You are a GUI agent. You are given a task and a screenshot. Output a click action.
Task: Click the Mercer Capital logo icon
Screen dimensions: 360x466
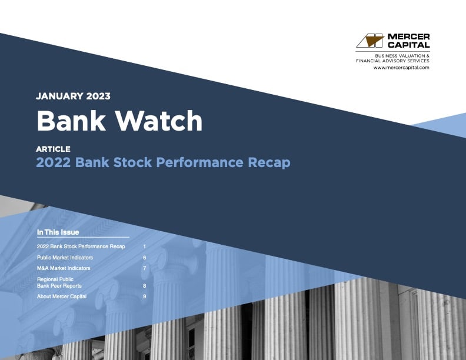370,41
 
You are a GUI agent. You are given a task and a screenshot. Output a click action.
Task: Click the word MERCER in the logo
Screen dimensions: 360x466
408,36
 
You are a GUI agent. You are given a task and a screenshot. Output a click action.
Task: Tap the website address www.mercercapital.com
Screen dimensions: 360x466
401,68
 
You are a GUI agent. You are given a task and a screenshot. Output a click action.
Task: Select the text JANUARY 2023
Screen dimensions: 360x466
73,96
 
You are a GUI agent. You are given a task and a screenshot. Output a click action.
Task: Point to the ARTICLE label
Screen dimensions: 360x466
53,149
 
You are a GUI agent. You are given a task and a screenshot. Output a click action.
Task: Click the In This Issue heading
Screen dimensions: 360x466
58,232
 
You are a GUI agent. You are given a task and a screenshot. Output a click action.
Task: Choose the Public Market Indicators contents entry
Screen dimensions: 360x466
65,258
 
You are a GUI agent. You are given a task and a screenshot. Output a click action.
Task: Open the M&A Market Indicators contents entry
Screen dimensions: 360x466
64,268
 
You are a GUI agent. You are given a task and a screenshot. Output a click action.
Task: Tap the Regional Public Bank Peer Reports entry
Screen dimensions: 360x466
59,282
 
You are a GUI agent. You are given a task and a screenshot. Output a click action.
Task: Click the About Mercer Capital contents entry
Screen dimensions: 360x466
62,296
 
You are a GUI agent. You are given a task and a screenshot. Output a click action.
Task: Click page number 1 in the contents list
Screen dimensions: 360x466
144,246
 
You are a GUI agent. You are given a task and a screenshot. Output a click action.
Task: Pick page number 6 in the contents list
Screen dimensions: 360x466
144,258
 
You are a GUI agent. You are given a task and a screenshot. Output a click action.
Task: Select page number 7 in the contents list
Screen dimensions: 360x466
144,268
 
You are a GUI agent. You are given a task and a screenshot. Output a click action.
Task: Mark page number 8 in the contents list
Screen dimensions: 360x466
144,286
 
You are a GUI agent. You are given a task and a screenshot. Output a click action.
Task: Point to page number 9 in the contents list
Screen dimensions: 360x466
144,296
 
